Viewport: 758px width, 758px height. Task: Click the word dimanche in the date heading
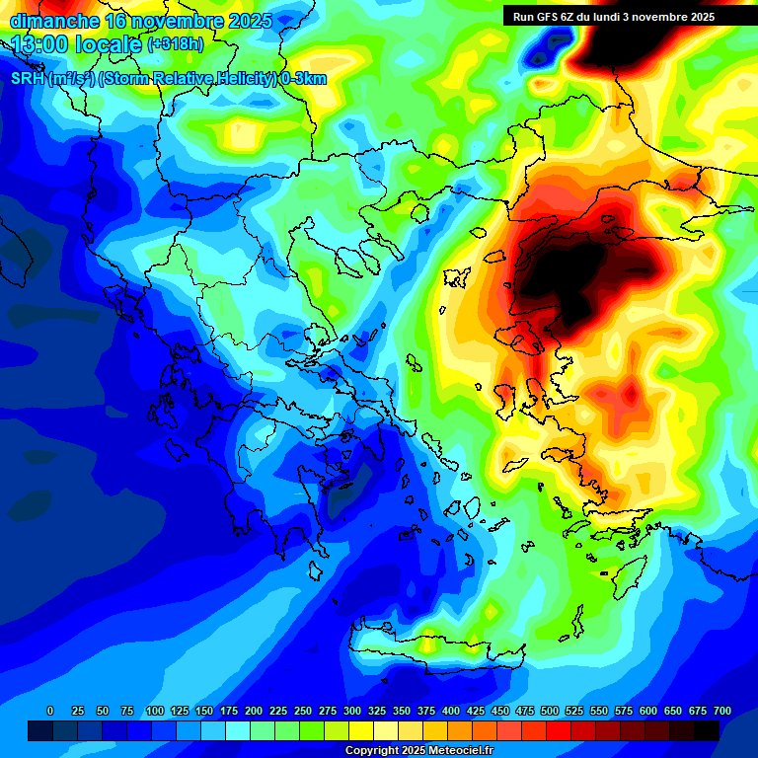click(x=54, y=21)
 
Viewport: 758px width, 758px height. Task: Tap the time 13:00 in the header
click(x=43, y=44)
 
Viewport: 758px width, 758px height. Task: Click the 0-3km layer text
click(x=304, y=79)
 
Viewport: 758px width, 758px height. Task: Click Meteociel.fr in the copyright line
click(x=454, y=751)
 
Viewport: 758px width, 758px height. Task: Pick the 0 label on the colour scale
click(x=50, y=711)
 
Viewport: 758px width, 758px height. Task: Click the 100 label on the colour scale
click(x=155, y=711)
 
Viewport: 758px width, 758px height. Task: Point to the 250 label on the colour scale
click(x=303, y=711)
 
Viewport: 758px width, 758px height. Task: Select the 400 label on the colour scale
click(x=451, y=711)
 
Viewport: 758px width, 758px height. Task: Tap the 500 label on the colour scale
click(x=550, y=711)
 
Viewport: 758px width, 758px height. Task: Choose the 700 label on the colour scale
click(x=722, y=711)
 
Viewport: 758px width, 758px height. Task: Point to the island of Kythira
click(x=315, y=571)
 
